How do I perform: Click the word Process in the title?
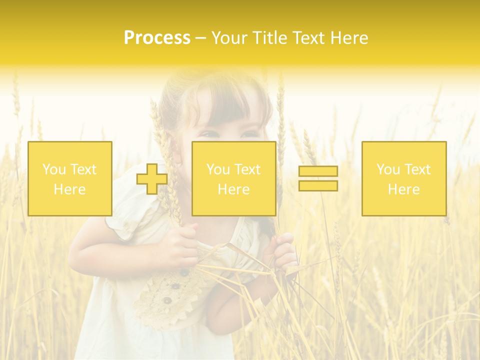[157, 38]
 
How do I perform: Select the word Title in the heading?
[271, 38]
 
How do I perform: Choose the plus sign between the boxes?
[152, 178]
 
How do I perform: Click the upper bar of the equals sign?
[318, 171]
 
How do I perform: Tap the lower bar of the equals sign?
[318, 185]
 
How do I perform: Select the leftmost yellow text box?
[70, 178]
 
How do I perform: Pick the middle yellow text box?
[233, 178]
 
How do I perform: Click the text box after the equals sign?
[404, 178]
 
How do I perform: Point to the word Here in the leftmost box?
[69, 189]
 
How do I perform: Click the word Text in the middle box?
[247, 169]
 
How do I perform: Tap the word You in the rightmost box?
[387, 169]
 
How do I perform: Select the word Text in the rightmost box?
[417, 169]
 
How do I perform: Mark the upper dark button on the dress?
[184, 273]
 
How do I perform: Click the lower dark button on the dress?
[167, 300]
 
